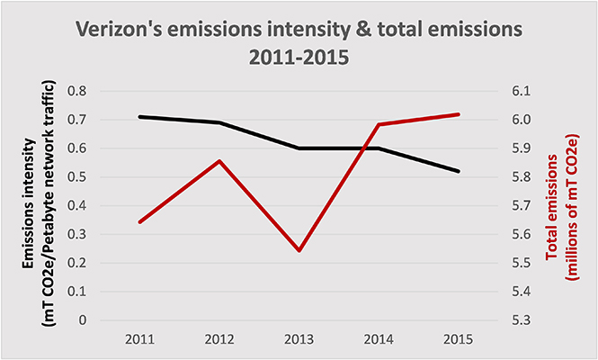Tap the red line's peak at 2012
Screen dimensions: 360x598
pyautogui.click(x=219, y=161)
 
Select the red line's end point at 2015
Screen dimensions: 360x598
pyautogui.click(x=460, y=114)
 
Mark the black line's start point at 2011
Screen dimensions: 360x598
pyautogui.click(x=139, y=116)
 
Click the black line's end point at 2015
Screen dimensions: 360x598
pyautogui.click(x=460, y=171)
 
